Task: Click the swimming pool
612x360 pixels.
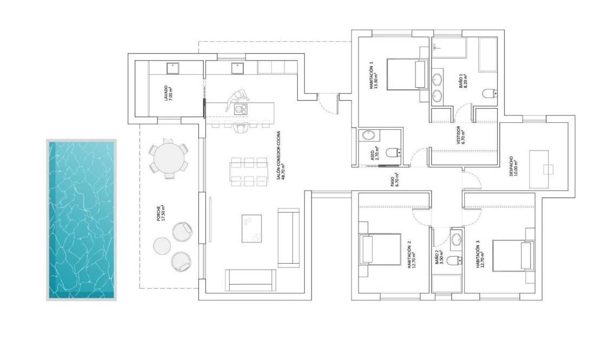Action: [x=81, y=220]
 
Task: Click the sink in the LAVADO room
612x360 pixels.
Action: [x=173, y=68]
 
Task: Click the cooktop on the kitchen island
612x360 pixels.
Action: [x=240, y=109]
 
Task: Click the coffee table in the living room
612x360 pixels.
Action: [x=251, y=227]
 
